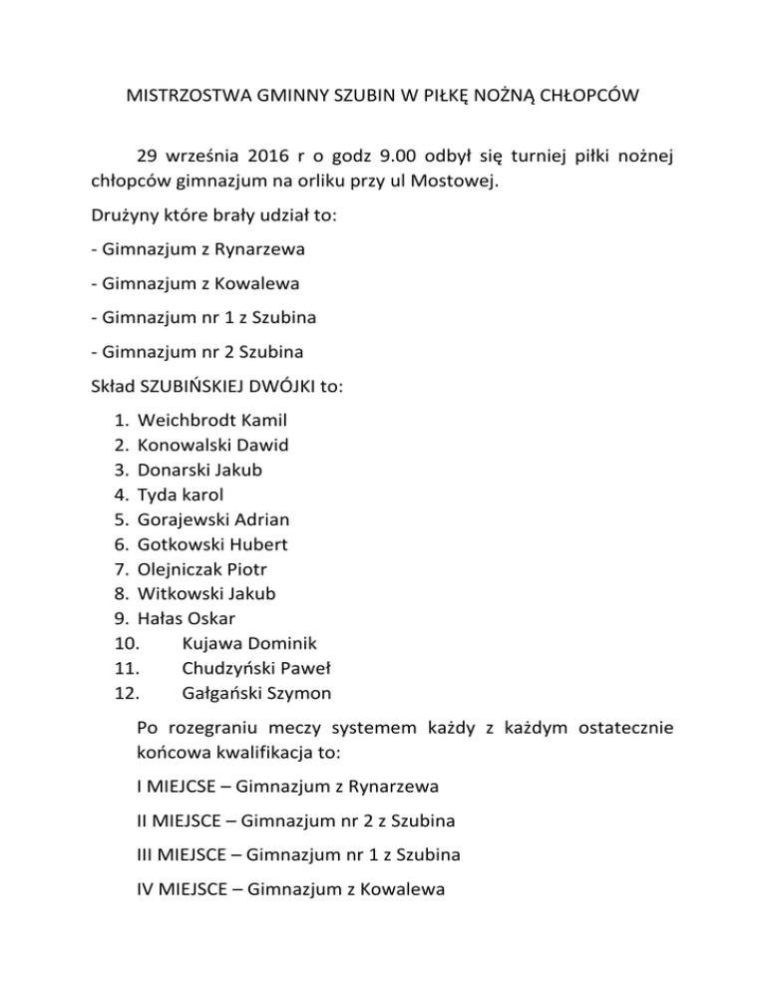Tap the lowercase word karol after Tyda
pos(201,494)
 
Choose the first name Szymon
pos(299,693)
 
